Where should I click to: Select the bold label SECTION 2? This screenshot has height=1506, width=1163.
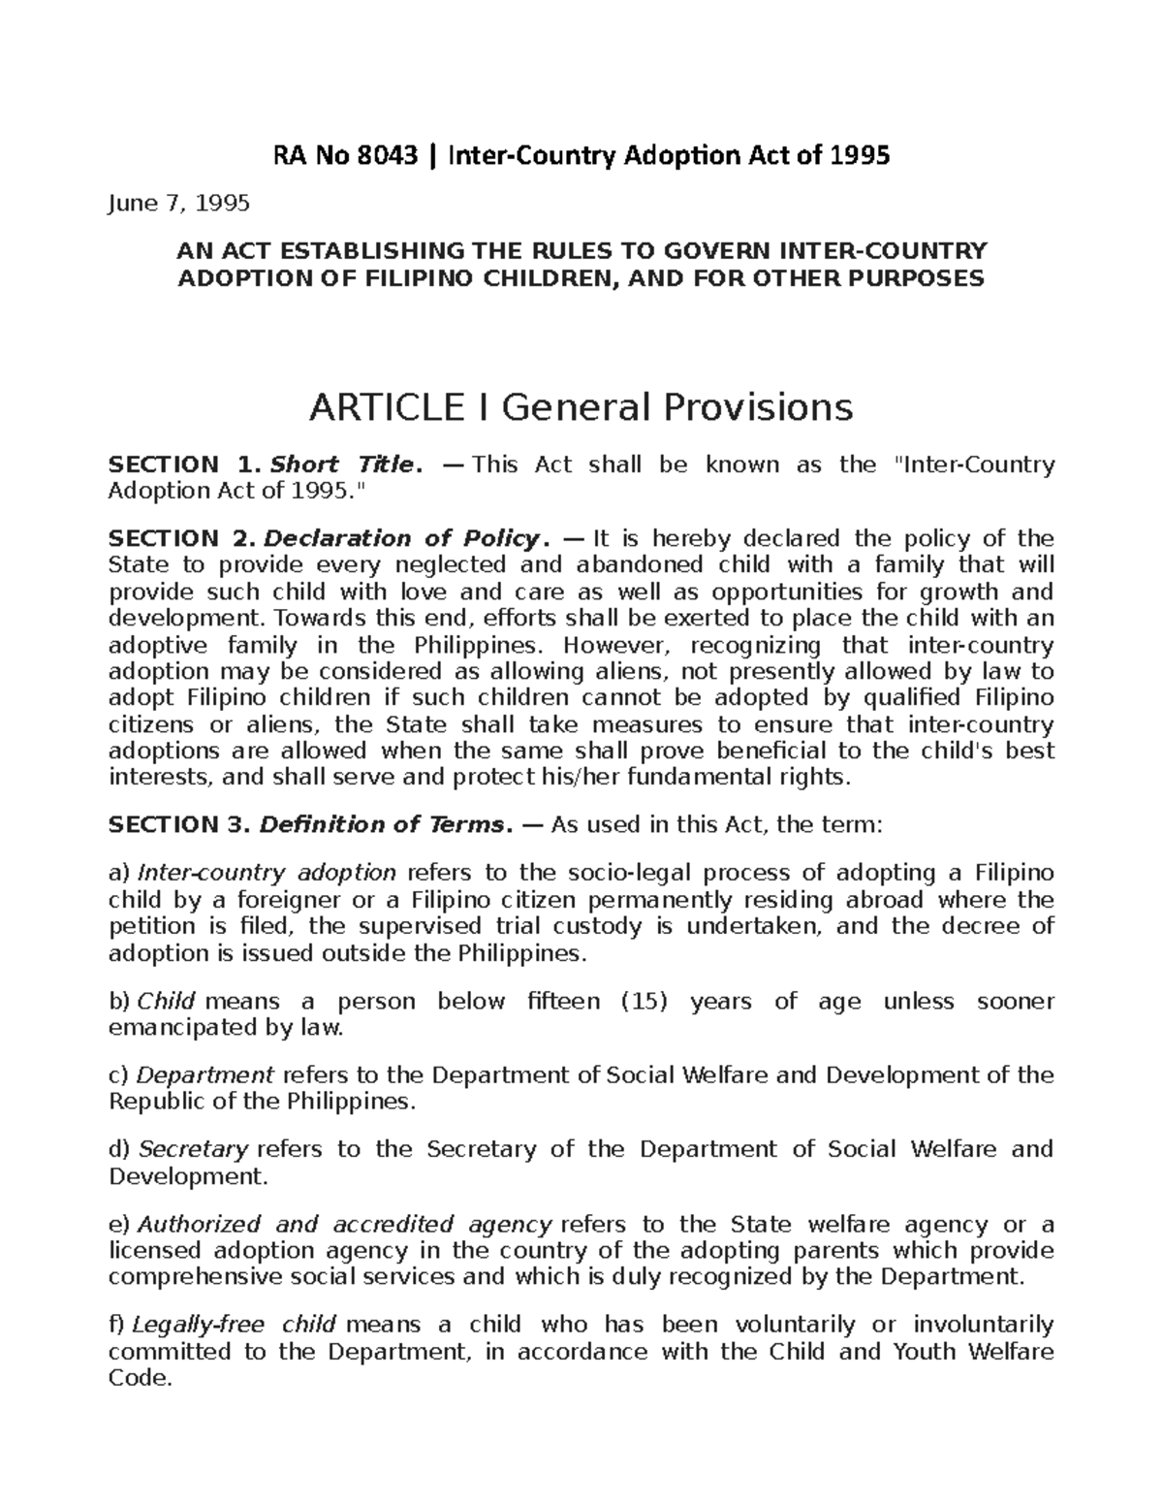click(x=181, y=538)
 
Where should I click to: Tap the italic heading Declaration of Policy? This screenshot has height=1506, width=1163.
click(x=405, y=538)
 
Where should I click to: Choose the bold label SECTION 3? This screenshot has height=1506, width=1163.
click(x=181, y=825)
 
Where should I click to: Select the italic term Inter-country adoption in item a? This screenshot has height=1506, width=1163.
click(x=267, y=873)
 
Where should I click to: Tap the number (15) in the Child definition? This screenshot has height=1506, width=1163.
click(x=644, y=1002)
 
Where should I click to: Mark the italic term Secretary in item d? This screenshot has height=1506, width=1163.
click(x=194, y=1150)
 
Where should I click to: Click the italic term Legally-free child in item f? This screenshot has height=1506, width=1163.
click(x=234, y=1325)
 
